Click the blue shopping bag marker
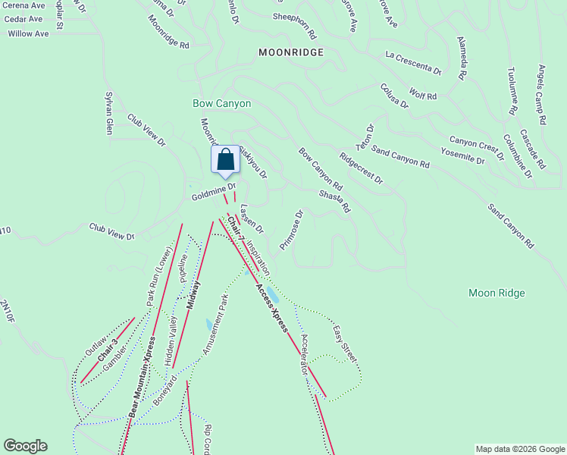click(225, 160)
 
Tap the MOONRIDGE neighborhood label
click(290, 53)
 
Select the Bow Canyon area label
click(221, 103)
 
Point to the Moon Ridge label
click(497, 293)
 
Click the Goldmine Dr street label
click(215, 190)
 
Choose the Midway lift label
click(193, 298)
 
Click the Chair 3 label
click(108, 355)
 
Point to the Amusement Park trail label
click(215, 325)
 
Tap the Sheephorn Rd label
click(294, 17)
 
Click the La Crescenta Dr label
click(413, 64)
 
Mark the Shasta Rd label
click(334, 201)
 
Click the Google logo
click(25, 446)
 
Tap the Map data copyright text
click(519, 449)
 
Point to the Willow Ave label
click(28, 33)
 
